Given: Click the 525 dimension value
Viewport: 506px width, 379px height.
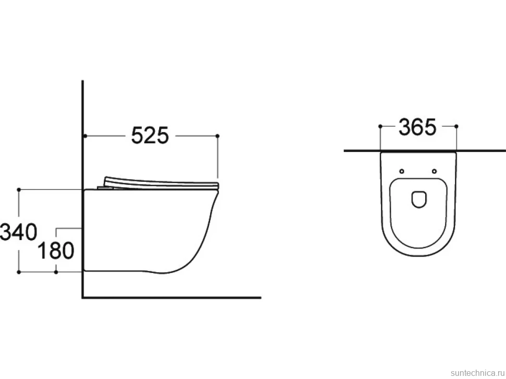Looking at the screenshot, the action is click(150, 135).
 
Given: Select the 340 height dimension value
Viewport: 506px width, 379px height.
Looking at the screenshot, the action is click(18, 232).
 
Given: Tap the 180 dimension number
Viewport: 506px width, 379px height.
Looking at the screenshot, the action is click(56, 250).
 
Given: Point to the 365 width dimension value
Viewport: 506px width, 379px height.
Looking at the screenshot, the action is click(417, 127).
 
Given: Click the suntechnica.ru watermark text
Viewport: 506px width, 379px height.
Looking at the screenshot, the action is click(478, 373).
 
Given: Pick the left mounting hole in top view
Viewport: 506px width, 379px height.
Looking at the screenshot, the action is click(402, 171).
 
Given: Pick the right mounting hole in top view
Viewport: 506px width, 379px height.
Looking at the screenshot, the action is click(435, 171).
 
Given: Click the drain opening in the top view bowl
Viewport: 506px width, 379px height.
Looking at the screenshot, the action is click(419, 199).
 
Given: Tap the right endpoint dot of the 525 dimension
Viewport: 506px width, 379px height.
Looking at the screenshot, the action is click(218, 136).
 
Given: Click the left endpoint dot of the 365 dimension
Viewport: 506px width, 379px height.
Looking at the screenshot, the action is click(380, 127).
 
